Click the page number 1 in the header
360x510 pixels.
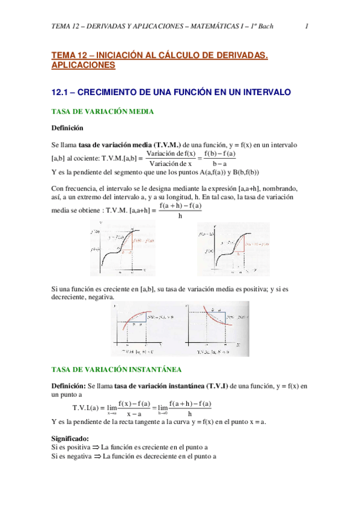307,26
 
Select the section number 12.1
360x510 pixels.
63,93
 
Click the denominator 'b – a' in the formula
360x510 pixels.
219,164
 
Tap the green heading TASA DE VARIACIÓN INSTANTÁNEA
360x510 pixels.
117,369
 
